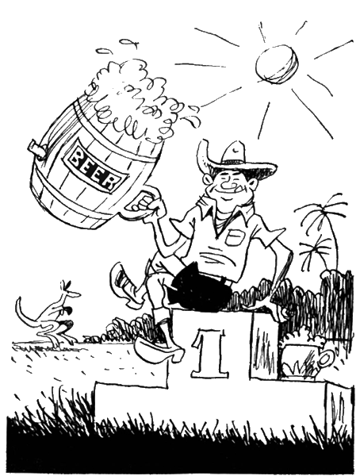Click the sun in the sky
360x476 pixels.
[276, 63]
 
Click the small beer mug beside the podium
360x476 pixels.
[307, 359]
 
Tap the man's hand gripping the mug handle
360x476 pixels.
[146, 205]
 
